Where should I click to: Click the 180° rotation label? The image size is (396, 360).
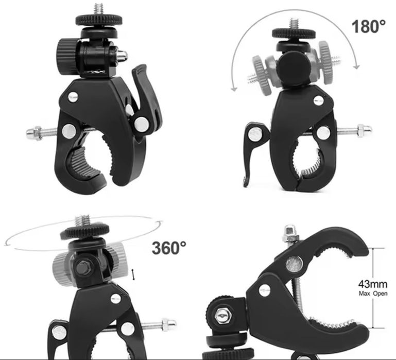pyautogui.click(x=369, y=26)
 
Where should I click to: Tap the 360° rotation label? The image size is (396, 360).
pyautogui.click(x=169, y=248)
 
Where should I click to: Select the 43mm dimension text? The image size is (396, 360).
pyautogui.click(x=372, y=284)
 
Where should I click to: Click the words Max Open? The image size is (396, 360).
pyautogui.click(x=373, y=294)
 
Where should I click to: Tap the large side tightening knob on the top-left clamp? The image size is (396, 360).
pyautogui.click(x=66, y=57)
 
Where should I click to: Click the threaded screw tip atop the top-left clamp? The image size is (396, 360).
pyautogui.click(x=99, y=9)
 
